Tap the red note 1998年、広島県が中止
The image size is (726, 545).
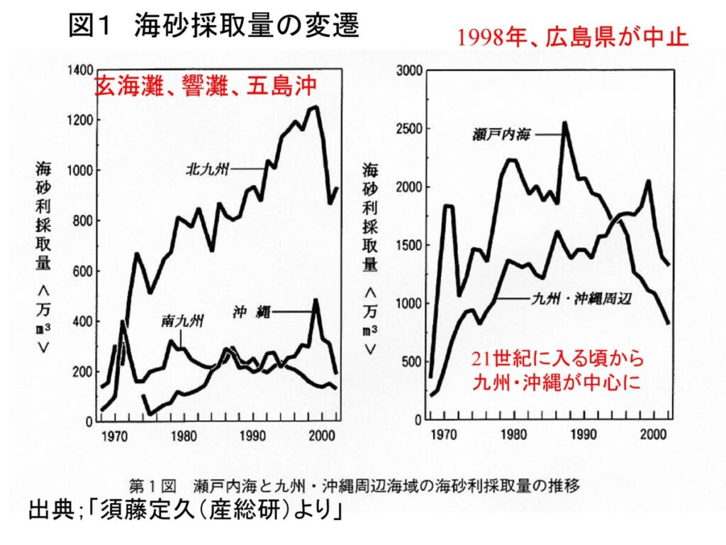tap(573, 37)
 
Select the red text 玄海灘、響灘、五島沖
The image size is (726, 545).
tap(205, 87)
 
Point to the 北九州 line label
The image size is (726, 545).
tap(207, 170)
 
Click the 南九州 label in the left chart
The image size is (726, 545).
tap(183, 321)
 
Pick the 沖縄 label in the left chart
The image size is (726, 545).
tap(250, 311)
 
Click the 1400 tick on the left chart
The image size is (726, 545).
tap(80, 70)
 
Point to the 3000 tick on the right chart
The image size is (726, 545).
tap(409, 70)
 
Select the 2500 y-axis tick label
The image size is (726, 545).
tap(409, 128)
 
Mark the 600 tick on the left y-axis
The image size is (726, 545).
tap(84, 271)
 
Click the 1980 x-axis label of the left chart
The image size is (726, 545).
tap(184, 436)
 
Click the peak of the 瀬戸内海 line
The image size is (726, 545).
tap(565, 123)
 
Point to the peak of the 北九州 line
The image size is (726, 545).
tap(315, 107)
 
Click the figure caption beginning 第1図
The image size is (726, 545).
tap(354, 486)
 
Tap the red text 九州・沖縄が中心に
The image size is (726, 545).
tap(557, 382)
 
